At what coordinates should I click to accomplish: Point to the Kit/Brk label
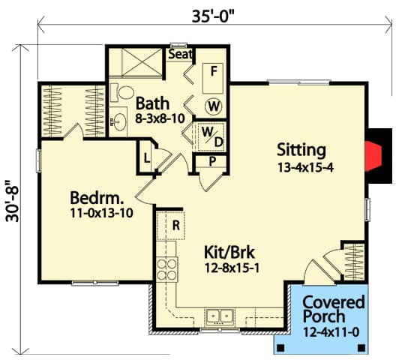coord(231,251)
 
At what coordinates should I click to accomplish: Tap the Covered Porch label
coord(333,310)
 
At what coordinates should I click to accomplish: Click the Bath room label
coord(152,103)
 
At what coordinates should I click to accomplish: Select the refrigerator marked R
coord(172,224)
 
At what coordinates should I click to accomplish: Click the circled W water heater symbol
coord(213,106)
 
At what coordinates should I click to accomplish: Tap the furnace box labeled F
coord(214,73)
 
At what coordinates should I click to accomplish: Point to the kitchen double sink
coord(220,316)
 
